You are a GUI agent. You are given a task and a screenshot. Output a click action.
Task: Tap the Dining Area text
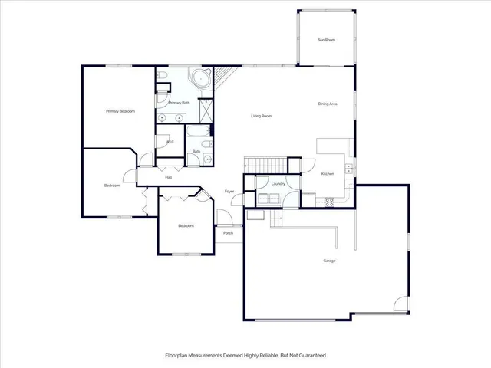pyautogui.click(x=328, y=103)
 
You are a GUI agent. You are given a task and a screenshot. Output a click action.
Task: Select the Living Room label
pyautogui.click(x=262, y=116)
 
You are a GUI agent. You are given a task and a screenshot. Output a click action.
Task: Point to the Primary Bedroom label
pyautogui.click(x=120, y=111)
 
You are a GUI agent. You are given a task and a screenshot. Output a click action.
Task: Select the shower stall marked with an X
pyautogui.click(x=206, y=110)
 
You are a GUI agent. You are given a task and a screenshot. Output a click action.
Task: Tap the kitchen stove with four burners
pyautogui.click(x=330, y=202)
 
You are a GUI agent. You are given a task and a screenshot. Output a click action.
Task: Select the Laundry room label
pyautogui.click(x=278, y=184)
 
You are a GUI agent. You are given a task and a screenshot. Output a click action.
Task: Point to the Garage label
pyautogui.click(x=329, y=261)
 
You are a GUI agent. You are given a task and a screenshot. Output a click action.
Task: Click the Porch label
pyautogui.click(x=228, y=232)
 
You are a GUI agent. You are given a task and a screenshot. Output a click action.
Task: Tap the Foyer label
pyautogui.click(x=229, y=191)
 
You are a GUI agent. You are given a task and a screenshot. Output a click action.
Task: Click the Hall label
pyautogui.click(x=167, y=177)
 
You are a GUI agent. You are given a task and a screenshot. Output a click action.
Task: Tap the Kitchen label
pyautogui.click(x=328, y=175)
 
